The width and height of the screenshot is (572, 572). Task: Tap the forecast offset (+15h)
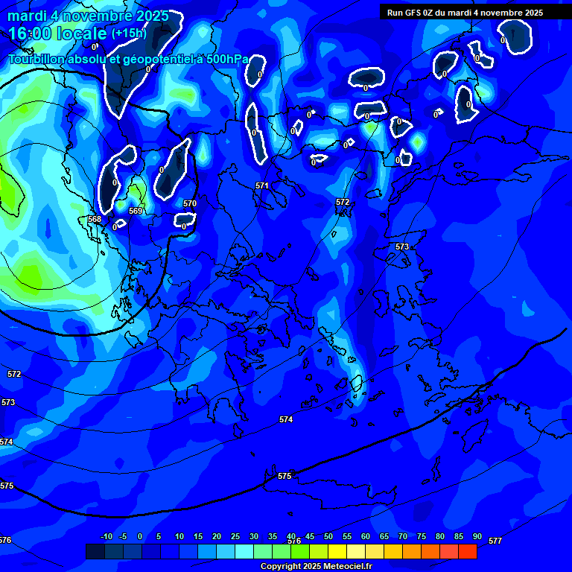click(x=129, y=34)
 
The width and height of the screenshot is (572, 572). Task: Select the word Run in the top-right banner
click(x=395, y=13)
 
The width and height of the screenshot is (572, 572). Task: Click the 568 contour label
click(x=95, y=219)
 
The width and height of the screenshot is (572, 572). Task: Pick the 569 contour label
click(x=136, y=211)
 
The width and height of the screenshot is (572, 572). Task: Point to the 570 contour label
click(x=190, y=203)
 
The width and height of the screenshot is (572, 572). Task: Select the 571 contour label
click(x=261, y=185)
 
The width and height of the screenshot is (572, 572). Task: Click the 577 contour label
click(x=495, y=541)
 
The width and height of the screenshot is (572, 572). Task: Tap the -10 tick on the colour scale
click(x=106, y=537)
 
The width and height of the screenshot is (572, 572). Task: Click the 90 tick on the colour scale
click(x=477, y=537)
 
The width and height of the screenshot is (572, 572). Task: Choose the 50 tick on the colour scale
click(x=328, y=537)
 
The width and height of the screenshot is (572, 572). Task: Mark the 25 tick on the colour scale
click(x=235, y=537)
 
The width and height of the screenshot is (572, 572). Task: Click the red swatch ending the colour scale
click(x=468, y=551)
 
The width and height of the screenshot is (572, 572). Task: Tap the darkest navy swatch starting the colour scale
click(x=95, y=551)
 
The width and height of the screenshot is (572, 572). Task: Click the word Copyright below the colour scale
click(x=282, y=566)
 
